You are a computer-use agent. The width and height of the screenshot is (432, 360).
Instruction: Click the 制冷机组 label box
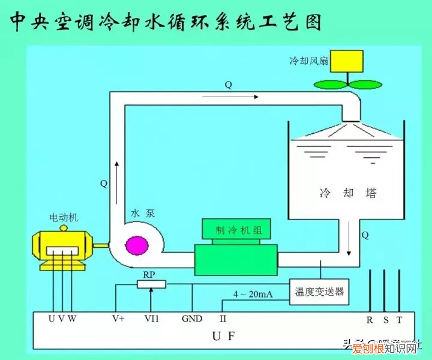point(235,229)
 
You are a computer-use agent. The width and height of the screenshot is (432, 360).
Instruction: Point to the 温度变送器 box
point(319,292)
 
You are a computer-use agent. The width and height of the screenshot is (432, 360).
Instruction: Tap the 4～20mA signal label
point(253,295)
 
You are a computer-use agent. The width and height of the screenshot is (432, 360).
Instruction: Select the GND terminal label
point(192,319)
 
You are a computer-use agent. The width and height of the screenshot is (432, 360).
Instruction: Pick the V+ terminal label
point(118,319)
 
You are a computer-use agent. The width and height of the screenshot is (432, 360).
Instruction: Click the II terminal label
point(223,319)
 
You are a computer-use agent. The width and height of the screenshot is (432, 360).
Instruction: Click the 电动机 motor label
point(64,217)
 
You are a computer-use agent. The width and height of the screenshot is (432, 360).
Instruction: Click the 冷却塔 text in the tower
point(348,193)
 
